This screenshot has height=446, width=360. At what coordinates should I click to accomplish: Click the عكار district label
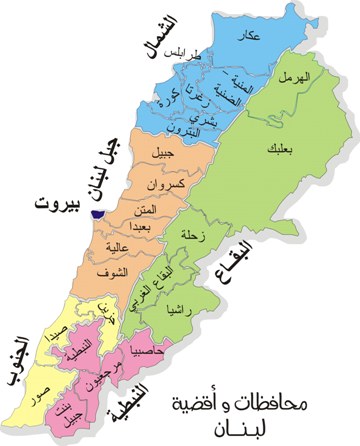pos(249,37)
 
